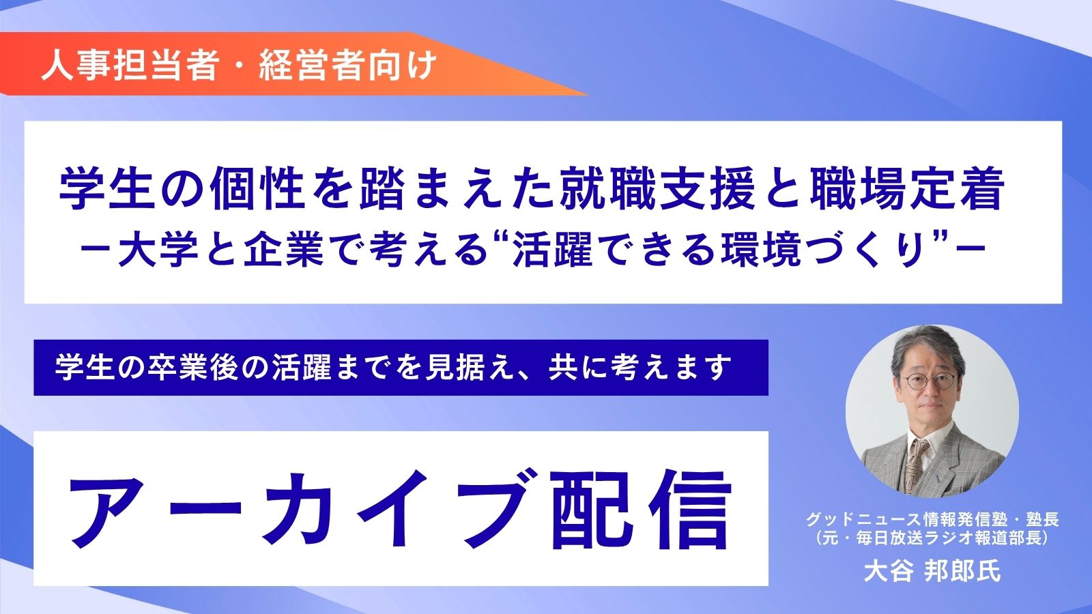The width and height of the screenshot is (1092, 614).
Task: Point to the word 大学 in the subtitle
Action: pos(158,250)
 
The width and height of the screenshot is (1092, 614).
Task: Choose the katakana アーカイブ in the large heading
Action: pos(298,509)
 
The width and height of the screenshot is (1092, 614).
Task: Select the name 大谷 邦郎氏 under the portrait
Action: pos(932,570)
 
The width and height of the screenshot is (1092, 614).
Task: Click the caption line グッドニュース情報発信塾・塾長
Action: pos(932,519)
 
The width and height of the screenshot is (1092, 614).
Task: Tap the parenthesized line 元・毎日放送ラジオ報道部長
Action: pos(932,538)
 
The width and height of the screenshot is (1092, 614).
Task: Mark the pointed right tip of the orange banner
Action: pos(588,94)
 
